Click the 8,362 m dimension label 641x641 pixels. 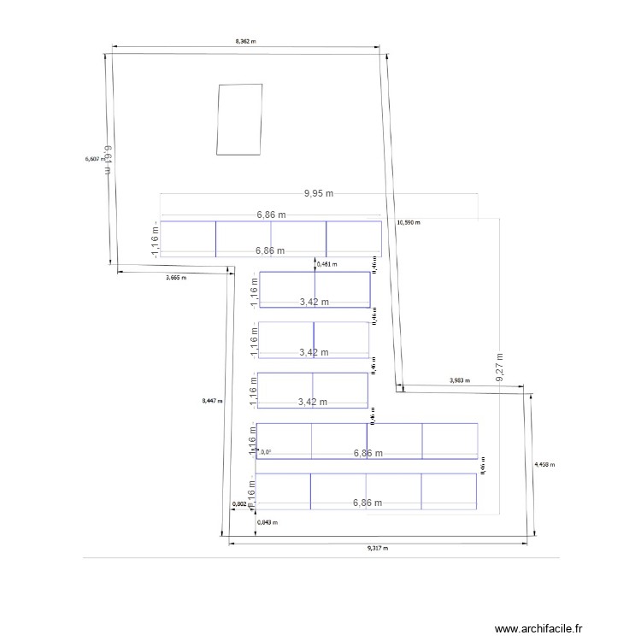(x=246, y=40)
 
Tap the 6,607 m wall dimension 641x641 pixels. (x=94, y=159)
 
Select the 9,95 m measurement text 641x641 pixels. (x=319, y=194)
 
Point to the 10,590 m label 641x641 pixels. (x=409, y=222)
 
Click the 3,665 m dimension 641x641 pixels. (x=176, y=278)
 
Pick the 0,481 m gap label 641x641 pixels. (x=326, y=264)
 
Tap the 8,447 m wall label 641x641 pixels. (x=211, y=400)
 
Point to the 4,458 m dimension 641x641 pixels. (x=544, y=465)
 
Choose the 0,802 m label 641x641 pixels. (x=242, y=504)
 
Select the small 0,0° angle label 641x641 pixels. (x=266, y=452)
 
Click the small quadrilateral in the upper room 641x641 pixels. (x=239, y=120)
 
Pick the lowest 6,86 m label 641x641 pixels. (x=368, y=503)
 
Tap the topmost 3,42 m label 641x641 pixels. (x=314, y=302)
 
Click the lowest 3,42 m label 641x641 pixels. (x=314, y=402)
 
